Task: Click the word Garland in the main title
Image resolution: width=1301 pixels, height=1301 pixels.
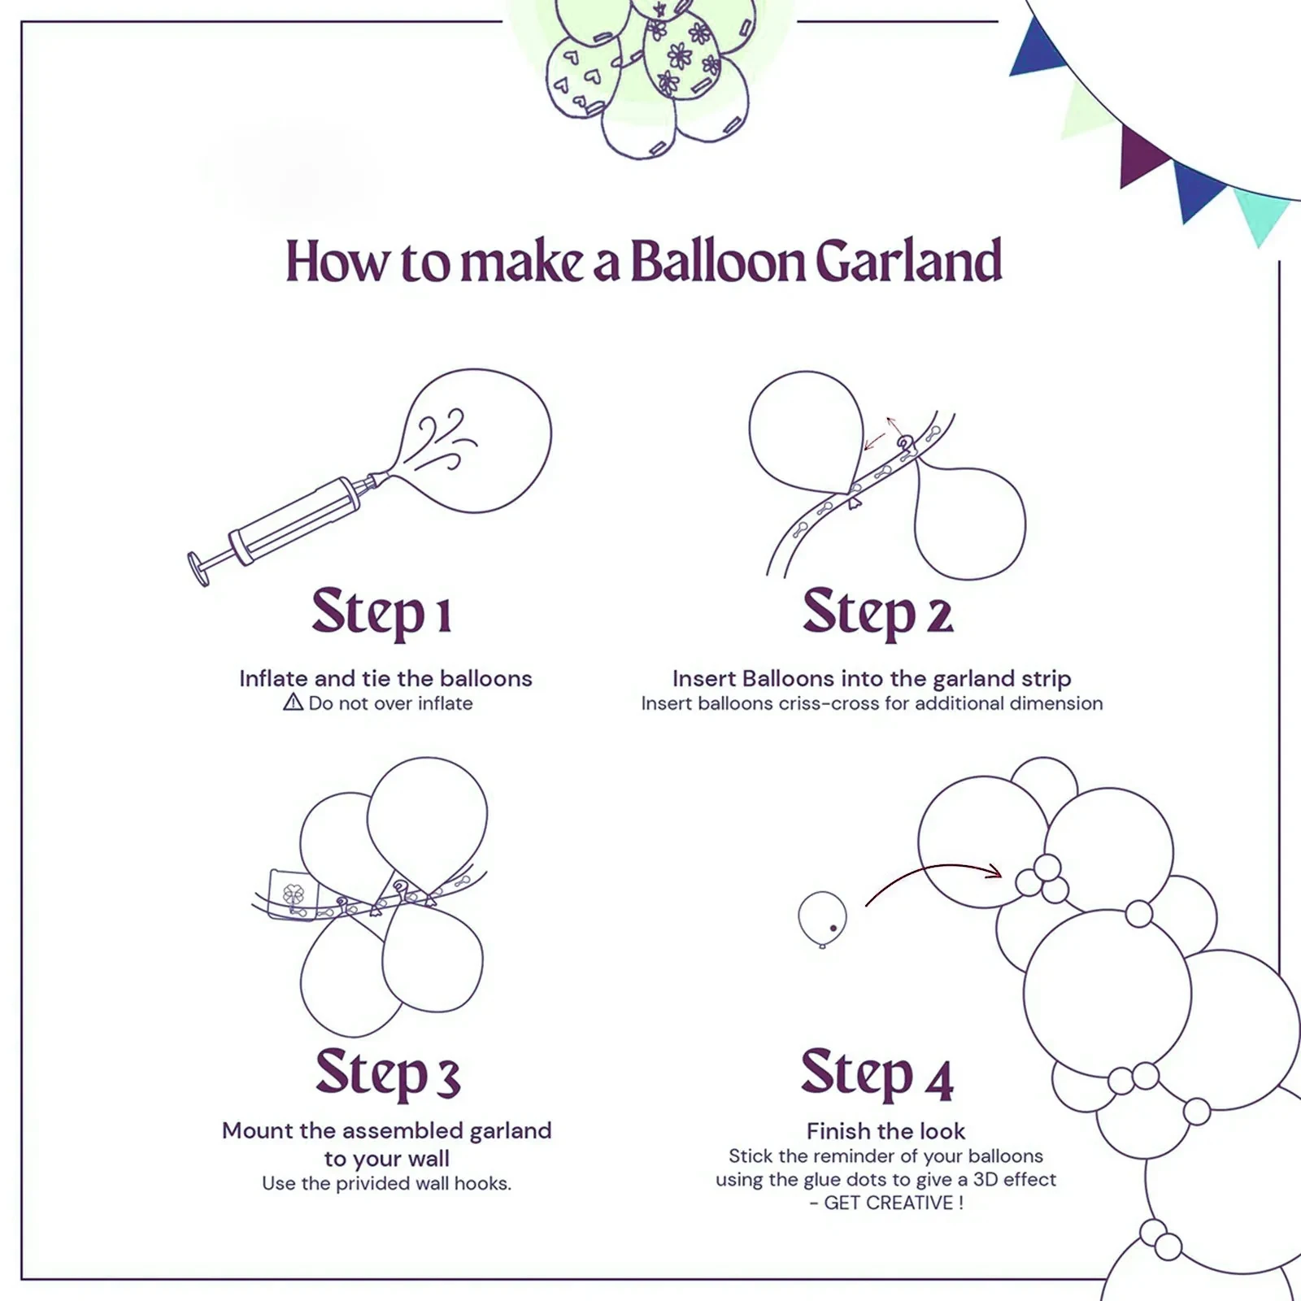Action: tap(907, 262)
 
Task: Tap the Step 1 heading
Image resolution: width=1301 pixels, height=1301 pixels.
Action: tap(381, 612)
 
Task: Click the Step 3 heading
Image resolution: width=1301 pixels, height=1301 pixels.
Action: tap(388, 1073)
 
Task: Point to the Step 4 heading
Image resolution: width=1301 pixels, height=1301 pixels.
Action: tap(876, 1073)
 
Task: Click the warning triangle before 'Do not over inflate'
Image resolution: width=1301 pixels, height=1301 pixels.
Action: tap(293, 703)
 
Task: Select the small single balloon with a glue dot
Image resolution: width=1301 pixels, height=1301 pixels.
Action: tap(822, 918)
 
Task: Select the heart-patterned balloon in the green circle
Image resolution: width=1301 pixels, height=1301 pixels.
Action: tap(581, 77)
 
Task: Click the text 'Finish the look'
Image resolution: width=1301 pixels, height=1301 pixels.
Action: tap(885, 1131)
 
